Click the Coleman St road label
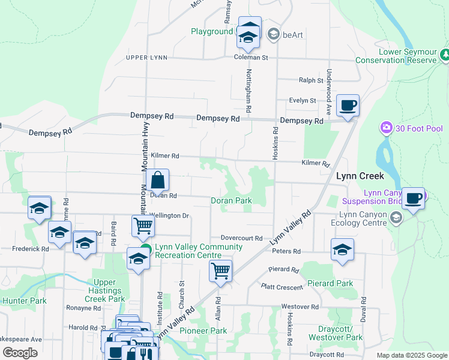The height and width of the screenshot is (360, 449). pos(250,58)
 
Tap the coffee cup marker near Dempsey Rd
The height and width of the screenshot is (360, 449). pos(348,106)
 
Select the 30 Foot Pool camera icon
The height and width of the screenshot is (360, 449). pos(386,128)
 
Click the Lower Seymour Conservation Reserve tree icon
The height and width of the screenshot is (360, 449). pos(445,56)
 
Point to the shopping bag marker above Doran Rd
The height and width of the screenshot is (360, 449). pos(157,180)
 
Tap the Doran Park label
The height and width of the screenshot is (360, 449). pos(231,200)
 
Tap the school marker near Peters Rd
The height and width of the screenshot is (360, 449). pos(342,250)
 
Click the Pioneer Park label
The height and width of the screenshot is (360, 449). pos(202,331)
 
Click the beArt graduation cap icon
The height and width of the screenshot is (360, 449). pos(273,35)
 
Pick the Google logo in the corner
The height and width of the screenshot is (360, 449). pos(20,353)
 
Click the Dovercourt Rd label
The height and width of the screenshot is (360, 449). pos(241,238)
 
